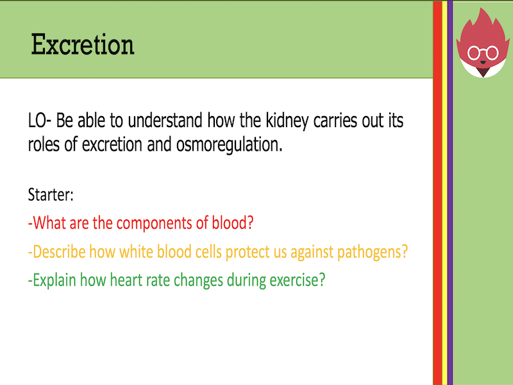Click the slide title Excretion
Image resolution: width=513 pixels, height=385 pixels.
(x=83, y=46)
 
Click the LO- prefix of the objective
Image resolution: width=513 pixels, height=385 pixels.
(x=40, y=121)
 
